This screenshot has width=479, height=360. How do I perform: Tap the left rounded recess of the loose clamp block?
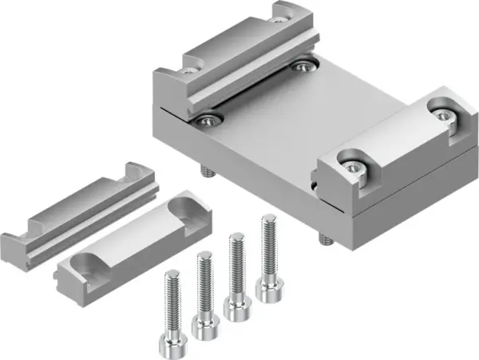click(94, 263)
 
